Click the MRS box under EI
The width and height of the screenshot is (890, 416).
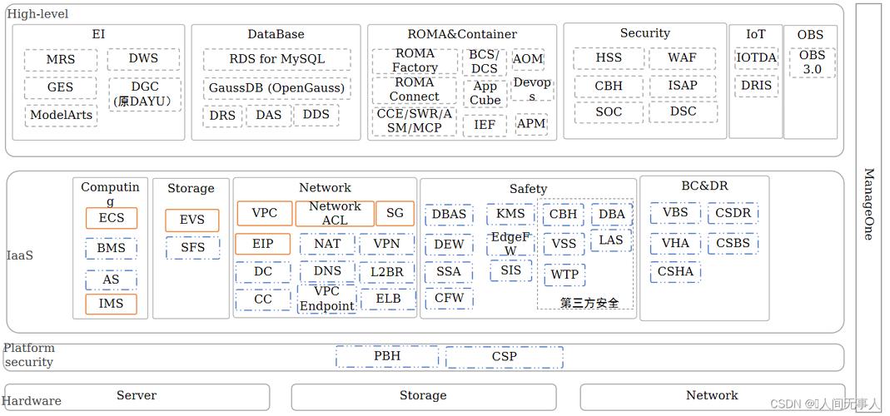[x=60, y=60]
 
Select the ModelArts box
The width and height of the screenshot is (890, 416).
[x=60, y=115]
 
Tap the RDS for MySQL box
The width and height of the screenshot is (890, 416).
[x=276, y=60]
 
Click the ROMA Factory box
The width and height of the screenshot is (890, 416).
[x=415, y=61]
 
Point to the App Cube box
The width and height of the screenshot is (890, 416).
[x=485, y=93]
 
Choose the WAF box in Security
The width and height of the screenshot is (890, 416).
[x=682, y=58]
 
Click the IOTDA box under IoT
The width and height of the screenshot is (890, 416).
[x=756, y=57]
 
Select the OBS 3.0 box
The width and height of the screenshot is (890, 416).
[x=812, y=62]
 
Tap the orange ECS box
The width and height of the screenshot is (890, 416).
[x=112, y=218]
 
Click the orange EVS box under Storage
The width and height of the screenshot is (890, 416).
[x=191, y=220]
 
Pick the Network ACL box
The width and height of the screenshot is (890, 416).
[x=335, y=213]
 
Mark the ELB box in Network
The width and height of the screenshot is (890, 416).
[x=388, y=299]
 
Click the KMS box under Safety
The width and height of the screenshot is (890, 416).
[x=510, y=214]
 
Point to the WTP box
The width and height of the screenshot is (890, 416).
[x=564, y=275]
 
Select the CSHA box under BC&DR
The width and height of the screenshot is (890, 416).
[x=675, y=271]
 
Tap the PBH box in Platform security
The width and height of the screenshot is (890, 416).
[x=386, y=356]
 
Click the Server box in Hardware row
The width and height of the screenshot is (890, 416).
[x=137, y=396]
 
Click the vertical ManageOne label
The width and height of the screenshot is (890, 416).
[x=868, y=204]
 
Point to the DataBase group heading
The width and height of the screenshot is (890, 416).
[x=276, y=34]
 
